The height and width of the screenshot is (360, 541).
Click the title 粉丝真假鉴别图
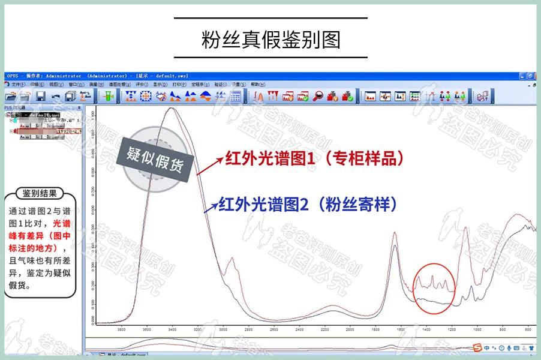tap(270, 39)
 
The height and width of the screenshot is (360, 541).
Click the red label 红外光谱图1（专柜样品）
tap(314, 159)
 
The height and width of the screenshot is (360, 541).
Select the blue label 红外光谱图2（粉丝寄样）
tap(308, 205)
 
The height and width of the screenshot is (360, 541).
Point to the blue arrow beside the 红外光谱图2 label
tap(210, 207)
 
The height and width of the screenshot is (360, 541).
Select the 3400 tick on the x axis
tap(172, 329)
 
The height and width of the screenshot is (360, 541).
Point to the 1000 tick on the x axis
tap(477, 329)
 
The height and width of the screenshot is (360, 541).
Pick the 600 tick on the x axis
tap(527, 329)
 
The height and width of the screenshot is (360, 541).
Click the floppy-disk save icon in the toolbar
tap(40, 96)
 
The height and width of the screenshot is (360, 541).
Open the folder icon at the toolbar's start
tap(11, 96)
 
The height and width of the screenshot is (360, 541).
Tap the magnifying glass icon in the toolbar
tap(318, 96)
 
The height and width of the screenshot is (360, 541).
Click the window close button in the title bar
tap(536, 76)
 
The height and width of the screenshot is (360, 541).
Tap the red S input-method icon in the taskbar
tap(478, 348)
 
